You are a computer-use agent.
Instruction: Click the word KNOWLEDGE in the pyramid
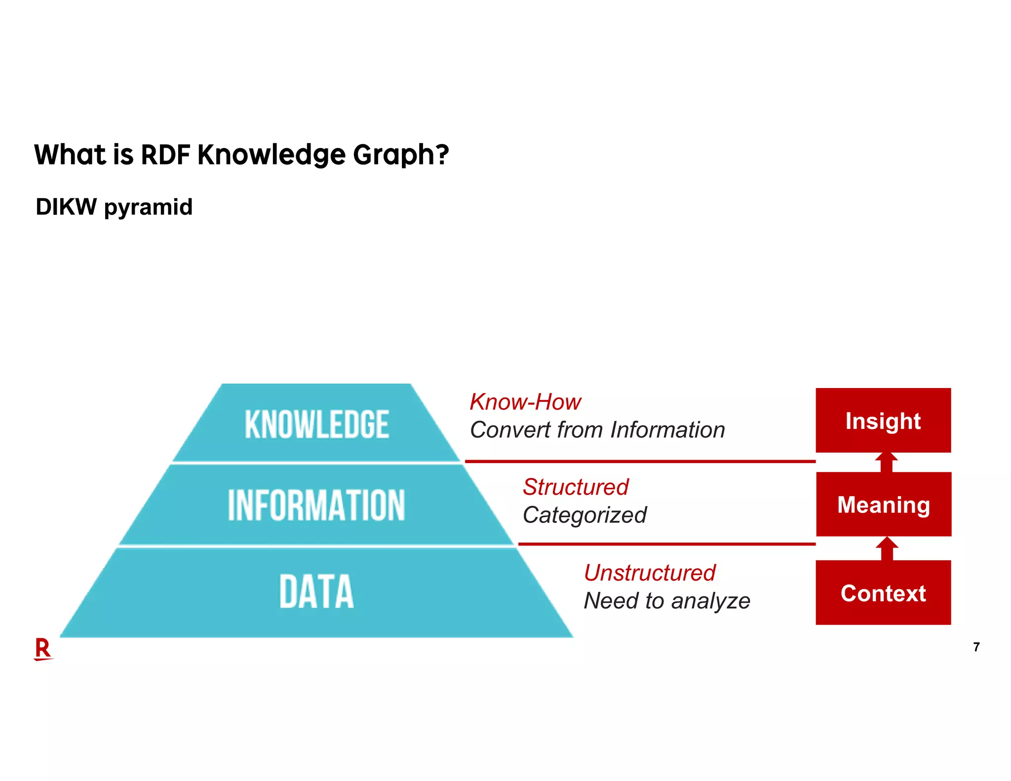pos(316,424)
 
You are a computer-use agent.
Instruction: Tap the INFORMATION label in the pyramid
pos(316,505)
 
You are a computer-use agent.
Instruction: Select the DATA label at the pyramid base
pos(316,591)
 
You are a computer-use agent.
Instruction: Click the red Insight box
pos(883,421)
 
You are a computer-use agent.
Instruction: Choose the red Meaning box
pos(884,505)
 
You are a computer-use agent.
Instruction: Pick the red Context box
pos(883,593)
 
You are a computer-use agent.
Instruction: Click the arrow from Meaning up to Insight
pos(887,462)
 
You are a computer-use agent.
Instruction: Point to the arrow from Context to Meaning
pos(887,548)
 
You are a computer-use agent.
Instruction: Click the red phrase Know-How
pos(525,402)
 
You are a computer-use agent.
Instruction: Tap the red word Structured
pos(576,487)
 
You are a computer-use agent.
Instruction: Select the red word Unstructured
pos(650,573)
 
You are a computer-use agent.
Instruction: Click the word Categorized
pos(584,515)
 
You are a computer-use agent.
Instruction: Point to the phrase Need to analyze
pos(667,601)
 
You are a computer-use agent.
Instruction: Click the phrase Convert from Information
pos(597,430)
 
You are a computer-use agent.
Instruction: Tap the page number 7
pos(976,647)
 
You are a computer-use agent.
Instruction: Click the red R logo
pos(43,649)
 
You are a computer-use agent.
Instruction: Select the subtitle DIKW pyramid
pos(114,207)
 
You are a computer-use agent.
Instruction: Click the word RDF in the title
pos(165,155)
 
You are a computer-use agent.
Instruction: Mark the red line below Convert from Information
pos(640,462)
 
